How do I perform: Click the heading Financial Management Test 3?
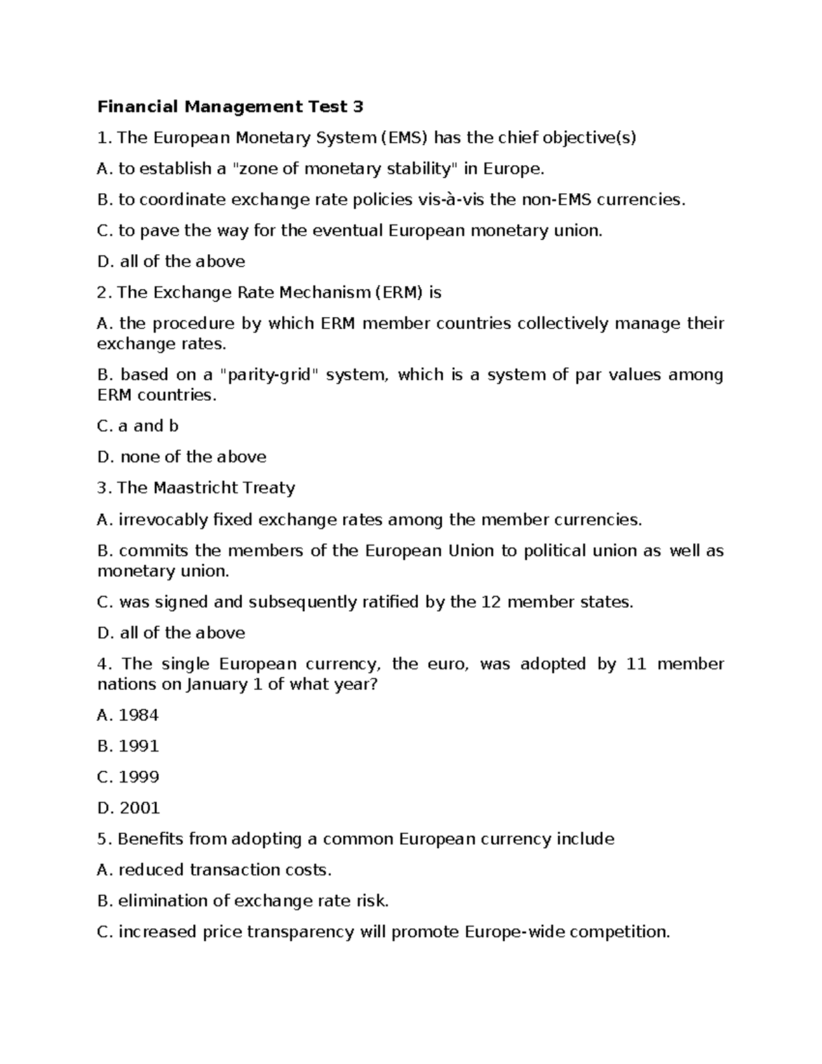click(x=230, y=107)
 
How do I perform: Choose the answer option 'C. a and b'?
click(x=138, y=426)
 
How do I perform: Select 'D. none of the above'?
click(x=182, y=457)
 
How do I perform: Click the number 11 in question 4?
click(x=636, y=664)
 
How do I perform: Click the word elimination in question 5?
click(x=162, y=901)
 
